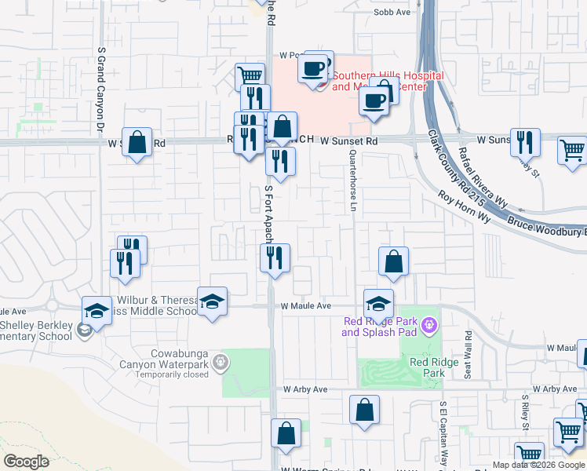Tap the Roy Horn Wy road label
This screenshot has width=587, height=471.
coord(464,208)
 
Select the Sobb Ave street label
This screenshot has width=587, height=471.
coord(392,13)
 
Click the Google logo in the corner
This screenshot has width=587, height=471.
coord(26,462)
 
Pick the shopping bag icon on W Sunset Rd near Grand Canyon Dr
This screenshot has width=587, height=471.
coord(137,143)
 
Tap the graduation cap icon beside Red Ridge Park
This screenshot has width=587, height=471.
coord(378,303)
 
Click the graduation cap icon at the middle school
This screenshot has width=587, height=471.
coord(212,301)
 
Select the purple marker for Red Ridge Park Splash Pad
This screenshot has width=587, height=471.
coord(429,323)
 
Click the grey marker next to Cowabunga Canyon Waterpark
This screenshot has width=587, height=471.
coord(222,362)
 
